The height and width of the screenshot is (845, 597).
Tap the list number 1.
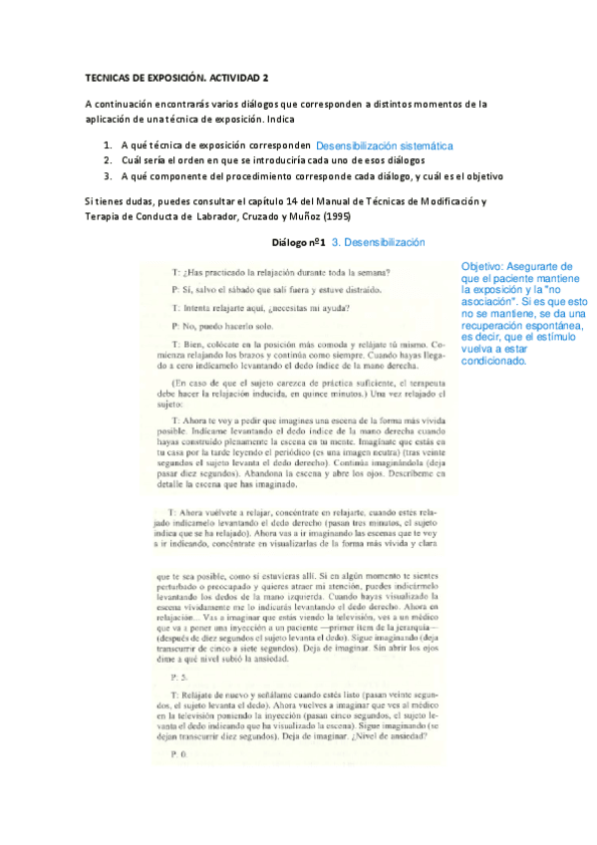click(108, 145)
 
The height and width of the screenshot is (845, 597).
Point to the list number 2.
click(108, 160)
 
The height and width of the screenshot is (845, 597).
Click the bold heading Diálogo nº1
click(299, 242)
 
